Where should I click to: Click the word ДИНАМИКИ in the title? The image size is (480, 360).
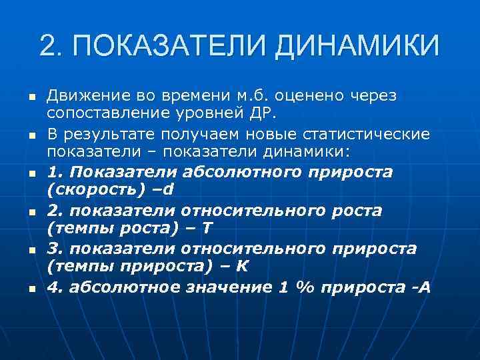[357, 46]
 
